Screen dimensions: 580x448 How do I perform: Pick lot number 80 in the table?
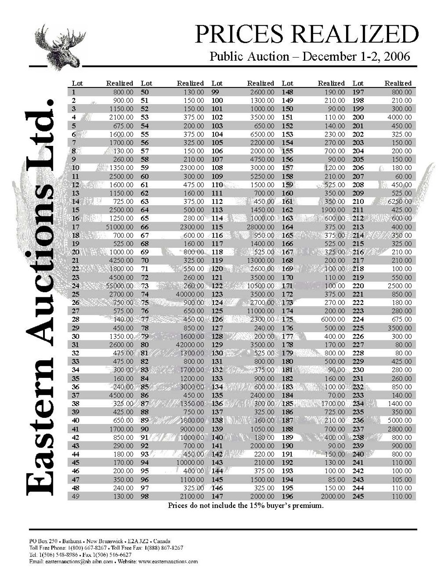tap(145, 345)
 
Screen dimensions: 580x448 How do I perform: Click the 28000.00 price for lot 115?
tap(260, 227)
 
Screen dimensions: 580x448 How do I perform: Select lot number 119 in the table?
tap(217, 261)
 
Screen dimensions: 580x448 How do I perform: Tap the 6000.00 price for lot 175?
tap(332, 319)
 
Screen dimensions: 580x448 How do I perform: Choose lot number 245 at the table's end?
tap(358, 496)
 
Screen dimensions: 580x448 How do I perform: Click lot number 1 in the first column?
tap(73, 92)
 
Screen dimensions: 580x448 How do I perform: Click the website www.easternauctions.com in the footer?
tap(168, 561)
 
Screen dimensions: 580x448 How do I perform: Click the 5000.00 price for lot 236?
tap(401, 420)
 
